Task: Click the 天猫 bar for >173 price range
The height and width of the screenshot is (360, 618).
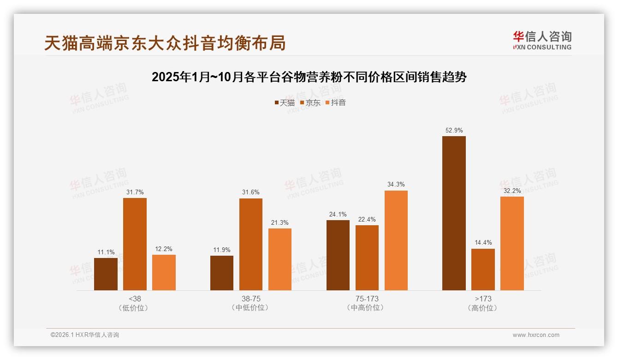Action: [454, 213]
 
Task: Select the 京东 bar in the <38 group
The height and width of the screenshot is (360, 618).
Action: [135, 244]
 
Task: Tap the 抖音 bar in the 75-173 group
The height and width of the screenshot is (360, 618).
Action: [396, 240]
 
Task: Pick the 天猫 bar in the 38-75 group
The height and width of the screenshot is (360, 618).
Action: [222, 273]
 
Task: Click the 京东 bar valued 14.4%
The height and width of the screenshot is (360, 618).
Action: [483, 270]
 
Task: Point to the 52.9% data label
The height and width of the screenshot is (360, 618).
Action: [454, 131]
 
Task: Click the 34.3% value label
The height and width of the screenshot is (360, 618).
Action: [396, 185]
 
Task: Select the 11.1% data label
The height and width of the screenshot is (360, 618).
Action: [106, 252]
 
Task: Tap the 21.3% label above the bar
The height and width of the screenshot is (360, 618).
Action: [280, 223]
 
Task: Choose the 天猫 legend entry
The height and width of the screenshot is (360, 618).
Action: [285, 103]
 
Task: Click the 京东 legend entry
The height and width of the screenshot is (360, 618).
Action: [310, 103]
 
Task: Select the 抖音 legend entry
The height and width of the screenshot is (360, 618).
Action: [336, 103]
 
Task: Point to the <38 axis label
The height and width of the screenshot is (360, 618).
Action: [135, 299]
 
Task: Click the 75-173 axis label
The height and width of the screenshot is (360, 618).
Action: [367, 299]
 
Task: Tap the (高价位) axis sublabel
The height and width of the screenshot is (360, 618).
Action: [483, 308]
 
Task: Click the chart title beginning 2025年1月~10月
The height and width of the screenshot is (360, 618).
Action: [309, 77]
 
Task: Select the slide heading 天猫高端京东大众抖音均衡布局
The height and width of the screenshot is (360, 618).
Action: [165, 43]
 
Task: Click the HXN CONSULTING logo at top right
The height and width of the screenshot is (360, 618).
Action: [542, 41]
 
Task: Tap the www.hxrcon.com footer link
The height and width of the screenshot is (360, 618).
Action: [536, 335]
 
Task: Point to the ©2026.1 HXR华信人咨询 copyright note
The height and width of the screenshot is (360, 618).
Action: [85, 335]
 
